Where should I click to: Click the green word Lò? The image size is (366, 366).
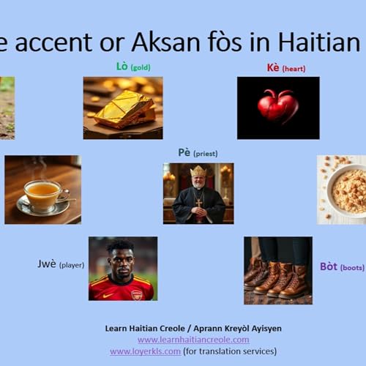point(122,67)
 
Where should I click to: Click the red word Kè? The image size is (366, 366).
point(273,68)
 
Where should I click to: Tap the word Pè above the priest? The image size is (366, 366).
point(184,152)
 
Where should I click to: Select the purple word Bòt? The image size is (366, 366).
point(328,266)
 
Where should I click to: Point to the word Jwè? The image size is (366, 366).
point(47,264)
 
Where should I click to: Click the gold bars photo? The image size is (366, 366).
point(123,108)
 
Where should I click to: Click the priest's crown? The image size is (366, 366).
point(198,172)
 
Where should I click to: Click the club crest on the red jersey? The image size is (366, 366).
point(136,294)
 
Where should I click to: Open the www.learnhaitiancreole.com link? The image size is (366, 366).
point(193,340)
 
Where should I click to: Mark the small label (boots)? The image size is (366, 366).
point(352,268)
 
